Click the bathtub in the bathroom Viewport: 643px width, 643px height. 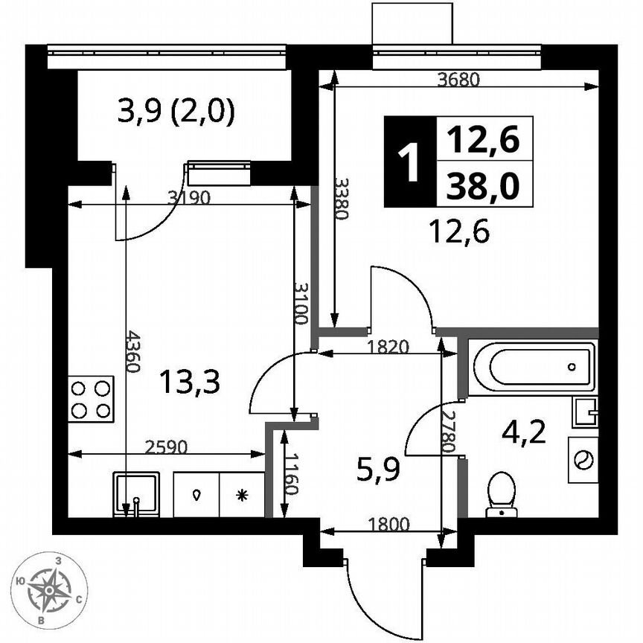[x=533, y=367]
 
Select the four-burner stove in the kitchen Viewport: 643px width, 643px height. [x=91, y=400]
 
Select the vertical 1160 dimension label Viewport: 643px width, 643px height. [x=293, y=475]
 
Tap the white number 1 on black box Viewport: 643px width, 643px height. [x=407, y=161]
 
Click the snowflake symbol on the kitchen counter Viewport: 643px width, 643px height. [x=241, y=495]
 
